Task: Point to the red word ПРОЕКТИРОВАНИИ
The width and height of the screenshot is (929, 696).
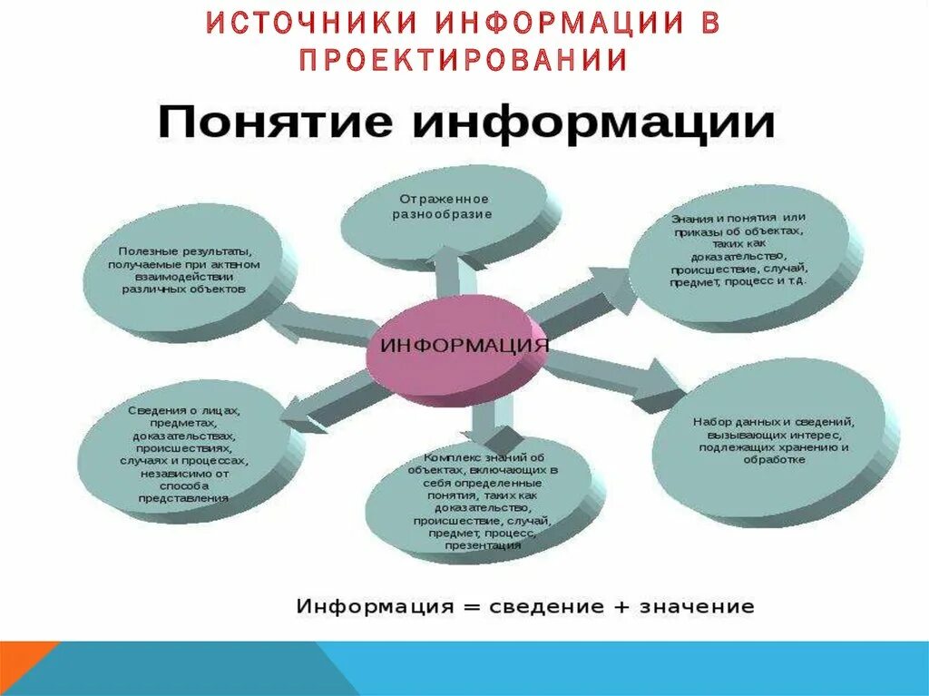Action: (x=464, y=60)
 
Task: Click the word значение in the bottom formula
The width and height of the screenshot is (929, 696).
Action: (x=699, y=606)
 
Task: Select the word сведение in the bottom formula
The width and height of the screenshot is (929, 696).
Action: (x=540, y=606)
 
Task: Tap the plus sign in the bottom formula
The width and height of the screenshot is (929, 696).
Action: (x=621, y=606)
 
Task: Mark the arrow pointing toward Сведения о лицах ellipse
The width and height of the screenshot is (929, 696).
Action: (x=331, y=399)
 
